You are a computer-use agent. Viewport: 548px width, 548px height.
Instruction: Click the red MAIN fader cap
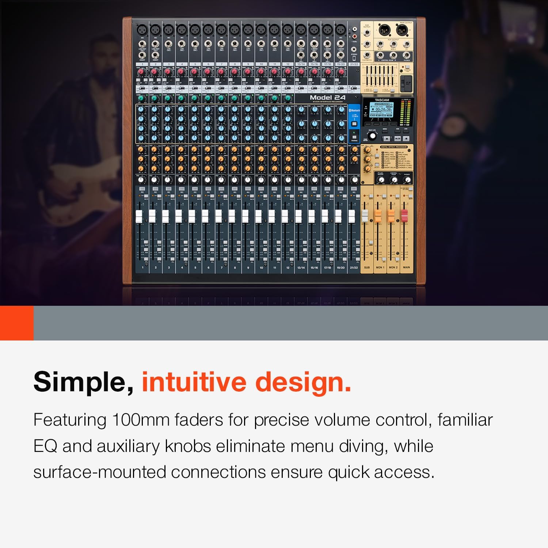point(404,216)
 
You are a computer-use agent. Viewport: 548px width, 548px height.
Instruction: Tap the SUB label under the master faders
point(367,267)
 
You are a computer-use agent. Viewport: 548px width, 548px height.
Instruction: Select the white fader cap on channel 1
point(139,216)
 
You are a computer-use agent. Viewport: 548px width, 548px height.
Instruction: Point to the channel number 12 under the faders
point(288,268)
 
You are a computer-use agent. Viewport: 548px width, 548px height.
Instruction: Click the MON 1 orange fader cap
point(378,216)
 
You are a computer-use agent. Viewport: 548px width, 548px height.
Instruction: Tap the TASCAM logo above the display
point(382,100)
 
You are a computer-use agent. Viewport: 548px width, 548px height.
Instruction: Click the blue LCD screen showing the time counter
point(381,109)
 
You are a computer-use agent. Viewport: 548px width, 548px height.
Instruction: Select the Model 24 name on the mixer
point(327,98)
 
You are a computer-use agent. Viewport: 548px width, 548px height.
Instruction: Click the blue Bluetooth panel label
point(354,110)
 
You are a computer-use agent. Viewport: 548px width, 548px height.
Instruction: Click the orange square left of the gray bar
point(16,323)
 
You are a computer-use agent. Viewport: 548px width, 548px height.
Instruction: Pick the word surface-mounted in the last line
point(100,472)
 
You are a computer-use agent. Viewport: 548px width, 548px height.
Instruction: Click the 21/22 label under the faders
point(354,268)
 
